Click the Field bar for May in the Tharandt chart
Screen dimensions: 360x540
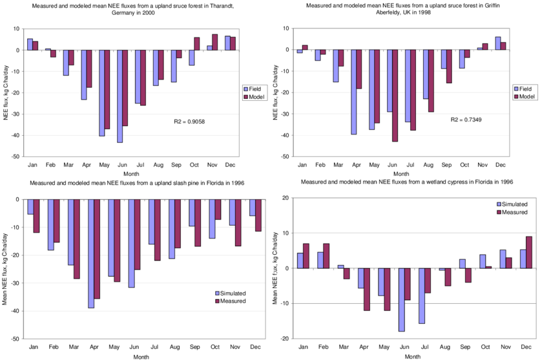[102, 92]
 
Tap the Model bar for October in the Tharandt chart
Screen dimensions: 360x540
[197, 43]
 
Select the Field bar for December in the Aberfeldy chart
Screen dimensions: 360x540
[498, 43]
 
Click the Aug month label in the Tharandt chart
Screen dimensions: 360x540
[158, 165]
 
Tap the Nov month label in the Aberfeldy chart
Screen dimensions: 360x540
[483, 165]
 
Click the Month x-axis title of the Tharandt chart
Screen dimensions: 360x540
[131, 173]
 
